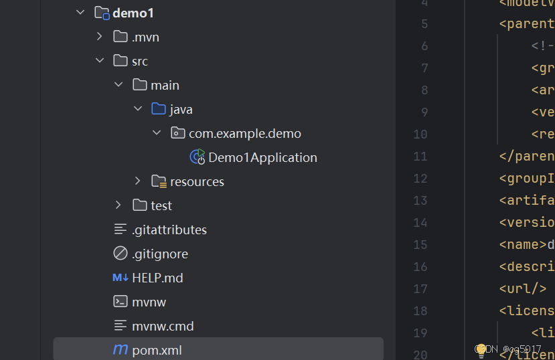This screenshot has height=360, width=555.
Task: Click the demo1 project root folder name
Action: (133, 13)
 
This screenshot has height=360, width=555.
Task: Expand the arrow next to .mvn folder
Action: (100, 37)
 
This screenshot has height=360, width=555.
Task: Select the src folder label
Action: (139, 61)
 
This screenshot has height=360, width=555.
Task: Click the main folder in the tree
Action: (165, 85)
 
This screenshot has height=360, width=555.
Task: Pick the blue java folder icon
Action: (159, 109)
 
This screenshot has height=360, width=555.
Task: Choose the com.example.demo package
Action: (244, 133)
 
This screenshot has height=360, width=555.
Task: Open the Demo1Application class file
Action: (262, 157)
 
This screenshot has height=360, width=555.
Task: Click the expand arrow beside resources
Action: (137, 181)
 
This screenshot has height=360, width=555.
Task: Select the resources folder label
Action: (197, 181)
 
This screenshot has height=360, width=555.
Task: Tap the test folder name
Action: (161, 205)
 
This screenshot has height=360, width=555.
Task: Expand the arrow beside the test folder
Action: (118, 205)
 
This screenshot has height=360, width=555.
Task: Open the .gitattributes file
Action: (169, 230)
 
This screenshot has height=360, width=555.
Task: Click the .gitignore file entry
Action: (160, 254)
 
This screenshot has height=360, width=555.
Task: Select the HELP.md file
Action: (157, 278)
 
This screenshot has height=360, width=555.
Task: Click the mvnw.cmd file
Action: (163, 326)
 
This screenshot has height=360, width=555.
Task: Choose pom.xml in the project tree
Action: (157, 350)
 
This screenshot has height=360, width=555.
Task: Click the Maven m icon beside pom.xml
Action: (121, 350)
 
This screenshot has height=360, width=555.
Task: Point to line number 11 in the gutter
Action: (420, 157)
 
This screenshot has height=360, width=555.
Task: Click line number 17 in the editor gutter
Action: (420, 289)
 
